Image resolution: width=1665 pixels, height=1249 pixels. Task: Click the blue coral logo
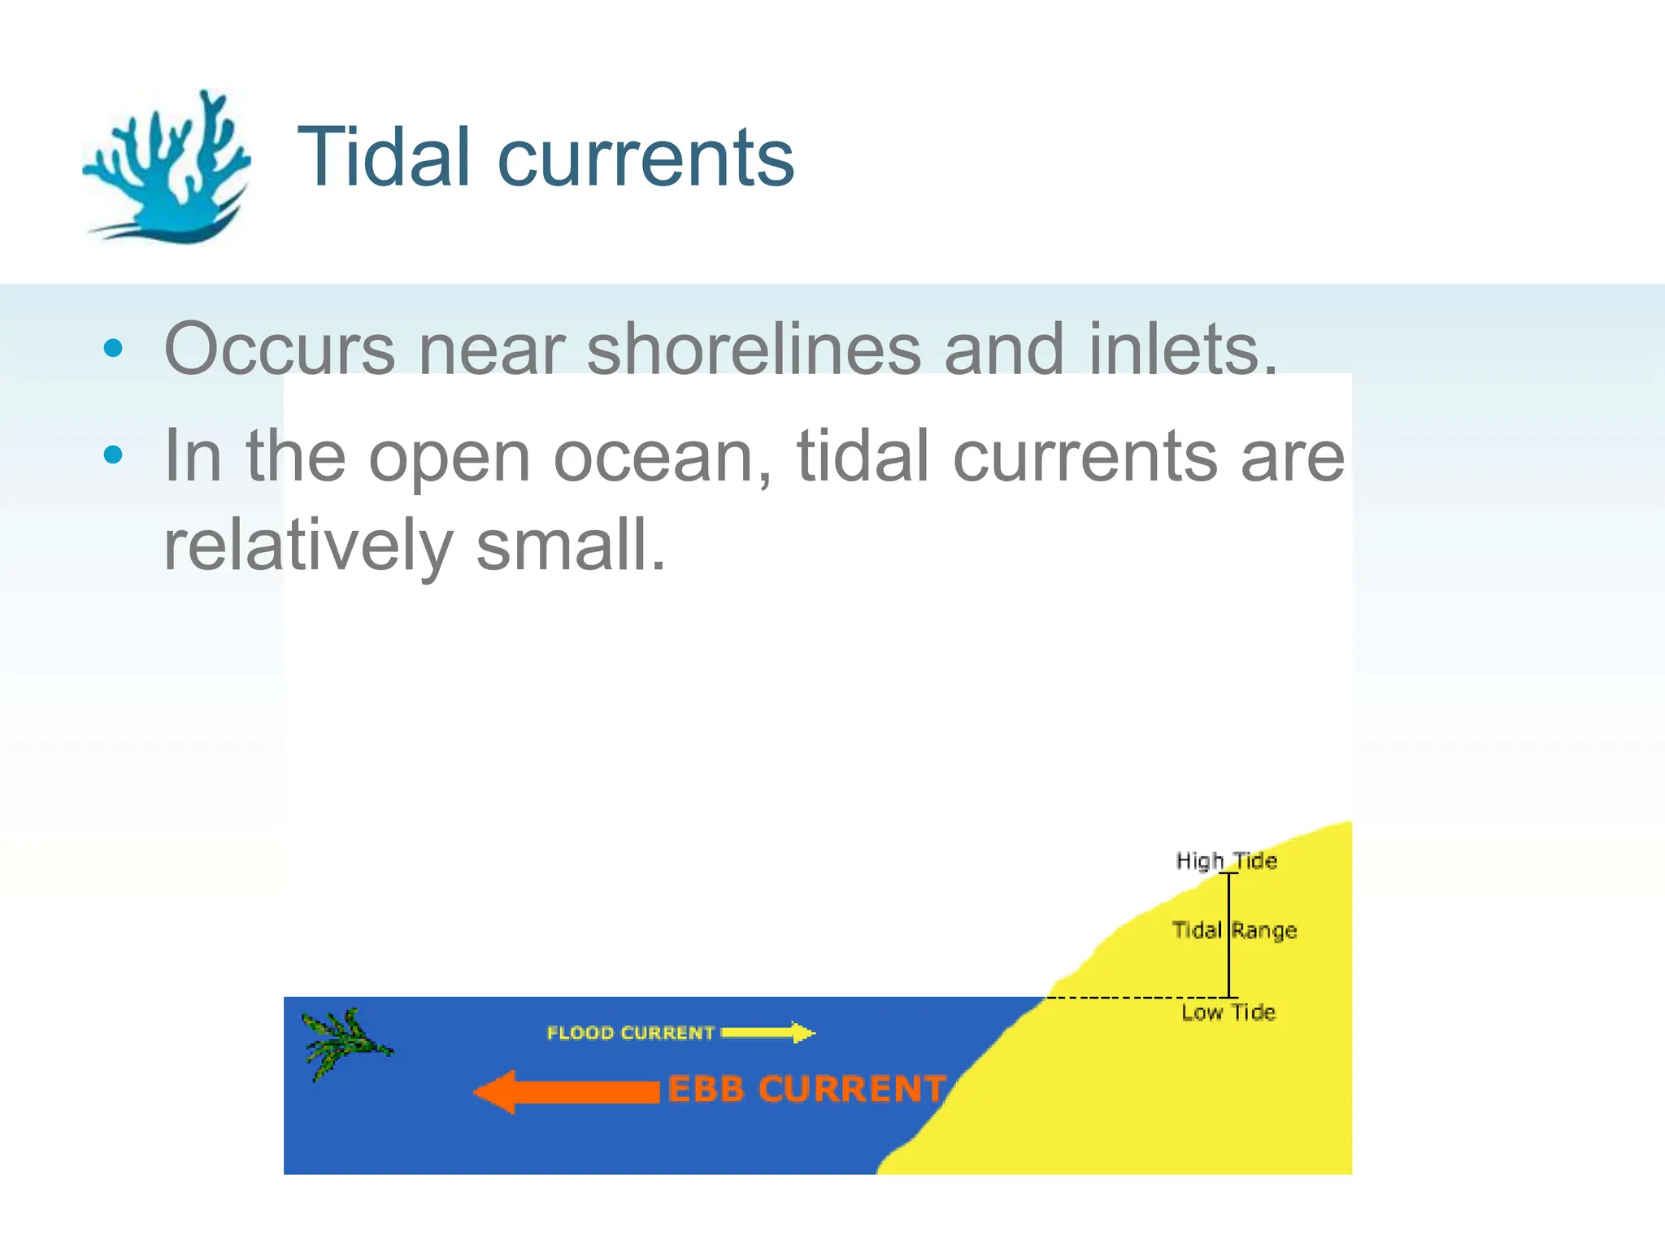167,167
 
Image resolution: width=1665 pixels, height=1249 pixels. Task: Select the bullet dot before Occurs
114,349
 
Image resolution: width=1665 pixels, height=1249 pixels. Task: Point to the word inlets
1183,349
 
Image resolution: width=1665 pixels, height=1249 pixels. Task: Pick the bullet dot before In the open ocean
114,455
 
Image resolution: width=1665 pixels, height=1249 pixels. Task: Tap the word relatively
307,546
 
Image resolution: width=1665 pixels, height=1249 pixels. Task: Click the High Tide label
1226,860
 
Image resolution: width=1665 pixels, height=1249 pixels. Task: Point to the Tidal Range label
1234,929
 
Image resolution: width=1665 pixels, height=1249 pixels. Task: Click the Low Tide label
1228,1012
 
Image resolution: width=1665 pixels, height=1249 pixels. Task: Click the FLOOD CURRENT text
630,1033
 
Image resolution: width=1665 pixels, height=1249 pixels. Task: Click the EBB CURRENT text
806,1090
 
